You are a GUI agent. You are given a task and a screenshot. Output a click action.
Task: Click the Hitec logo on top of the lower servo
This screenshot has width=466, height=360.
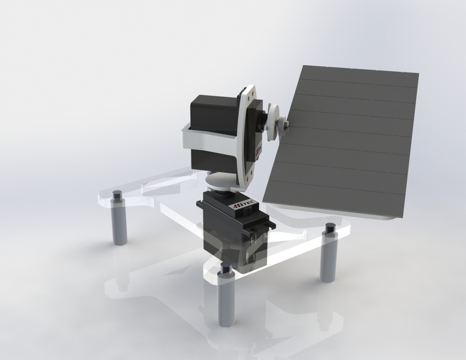245,206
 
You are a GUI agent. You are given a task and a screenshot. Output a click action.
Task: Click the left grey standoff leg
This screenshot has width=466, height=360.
119,225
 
